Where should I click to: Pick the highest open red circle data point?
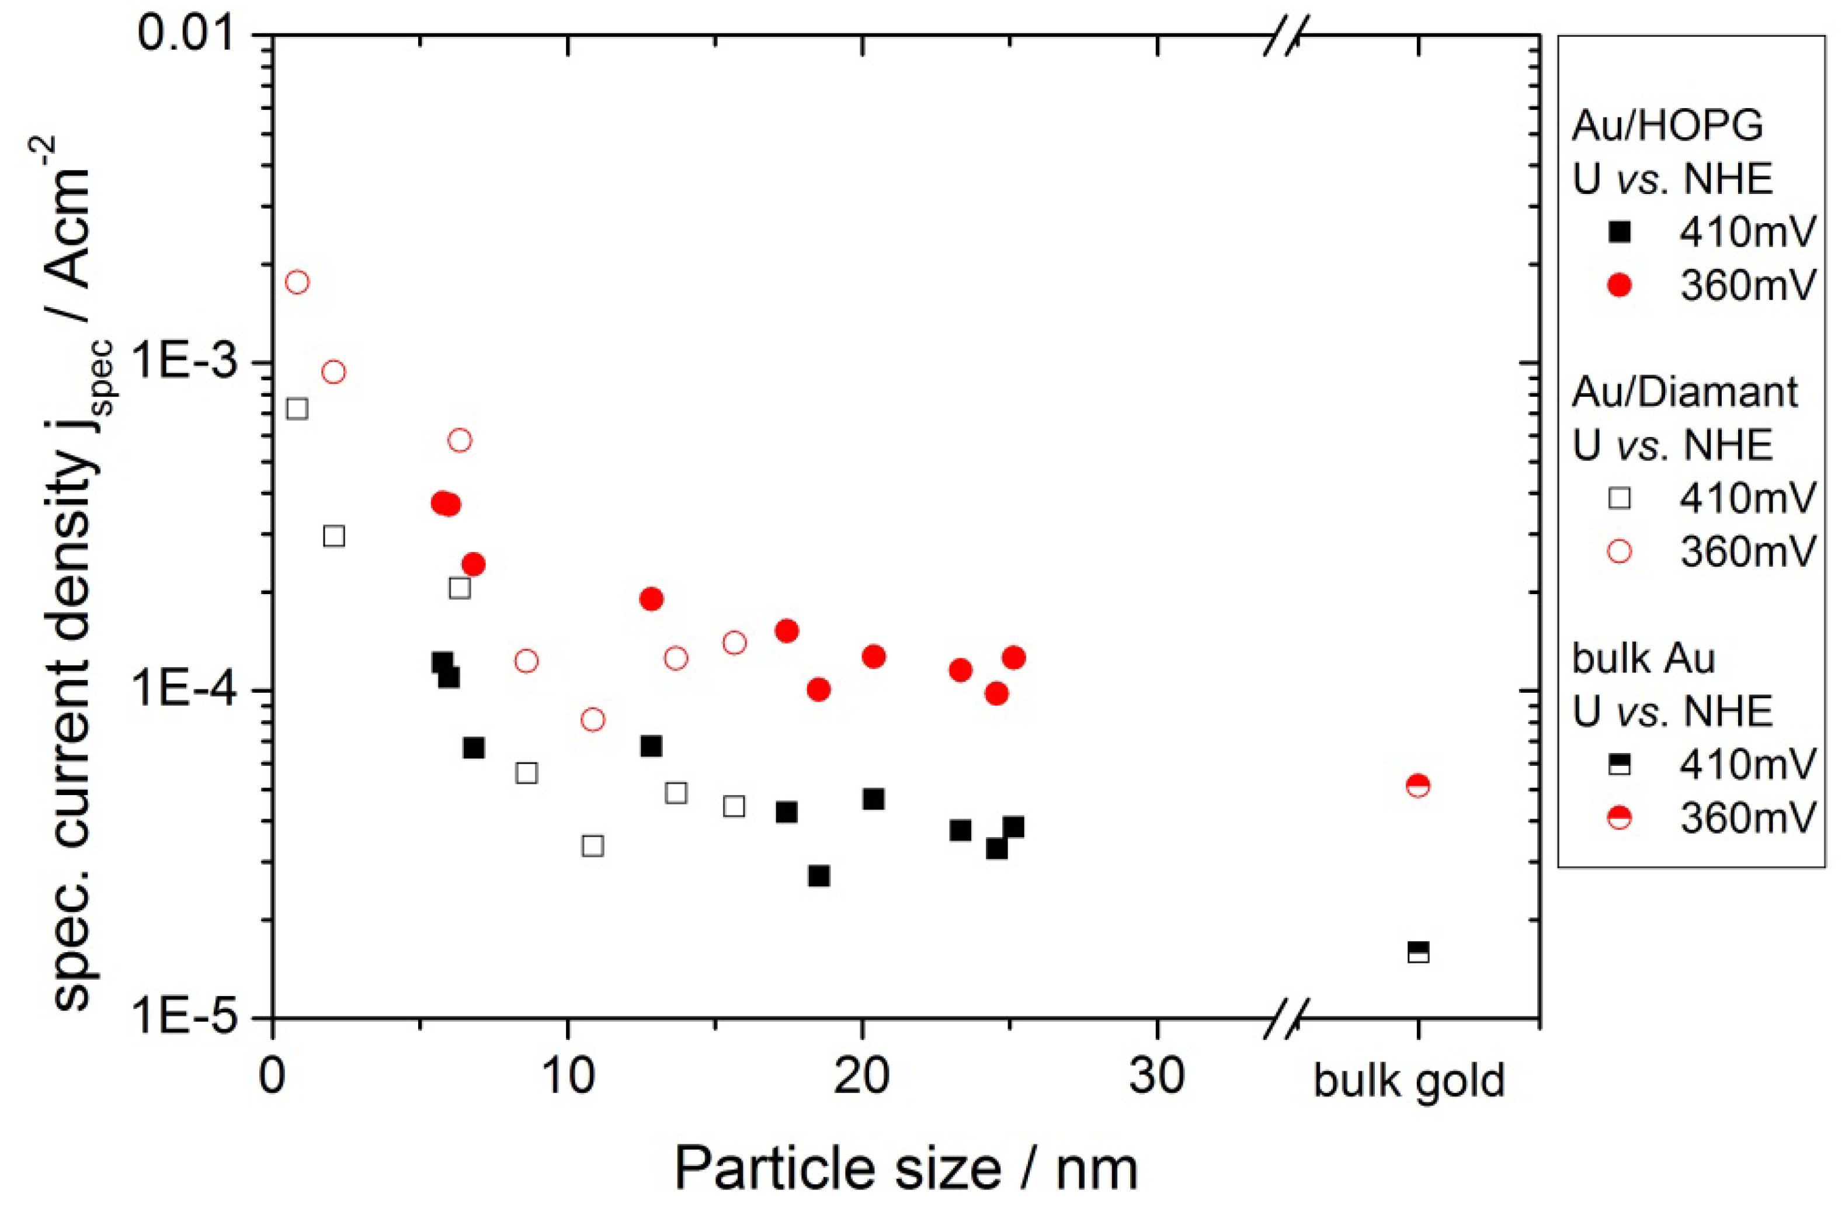(297, 282)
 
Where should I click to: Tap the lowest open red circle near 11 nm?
(592, 720)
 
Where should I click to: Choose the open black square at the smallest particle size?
(297, 408)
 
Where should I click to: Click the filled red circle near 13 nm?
(651, 599)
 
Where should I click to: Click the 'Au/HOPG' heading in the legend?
(1667, 126)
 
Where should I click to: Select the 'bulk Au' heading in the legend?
(1643, 659)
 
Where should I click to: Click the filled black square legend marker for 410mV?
(1620, 233)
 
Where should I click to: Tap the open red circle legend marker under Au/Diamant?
(1620, 552)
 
